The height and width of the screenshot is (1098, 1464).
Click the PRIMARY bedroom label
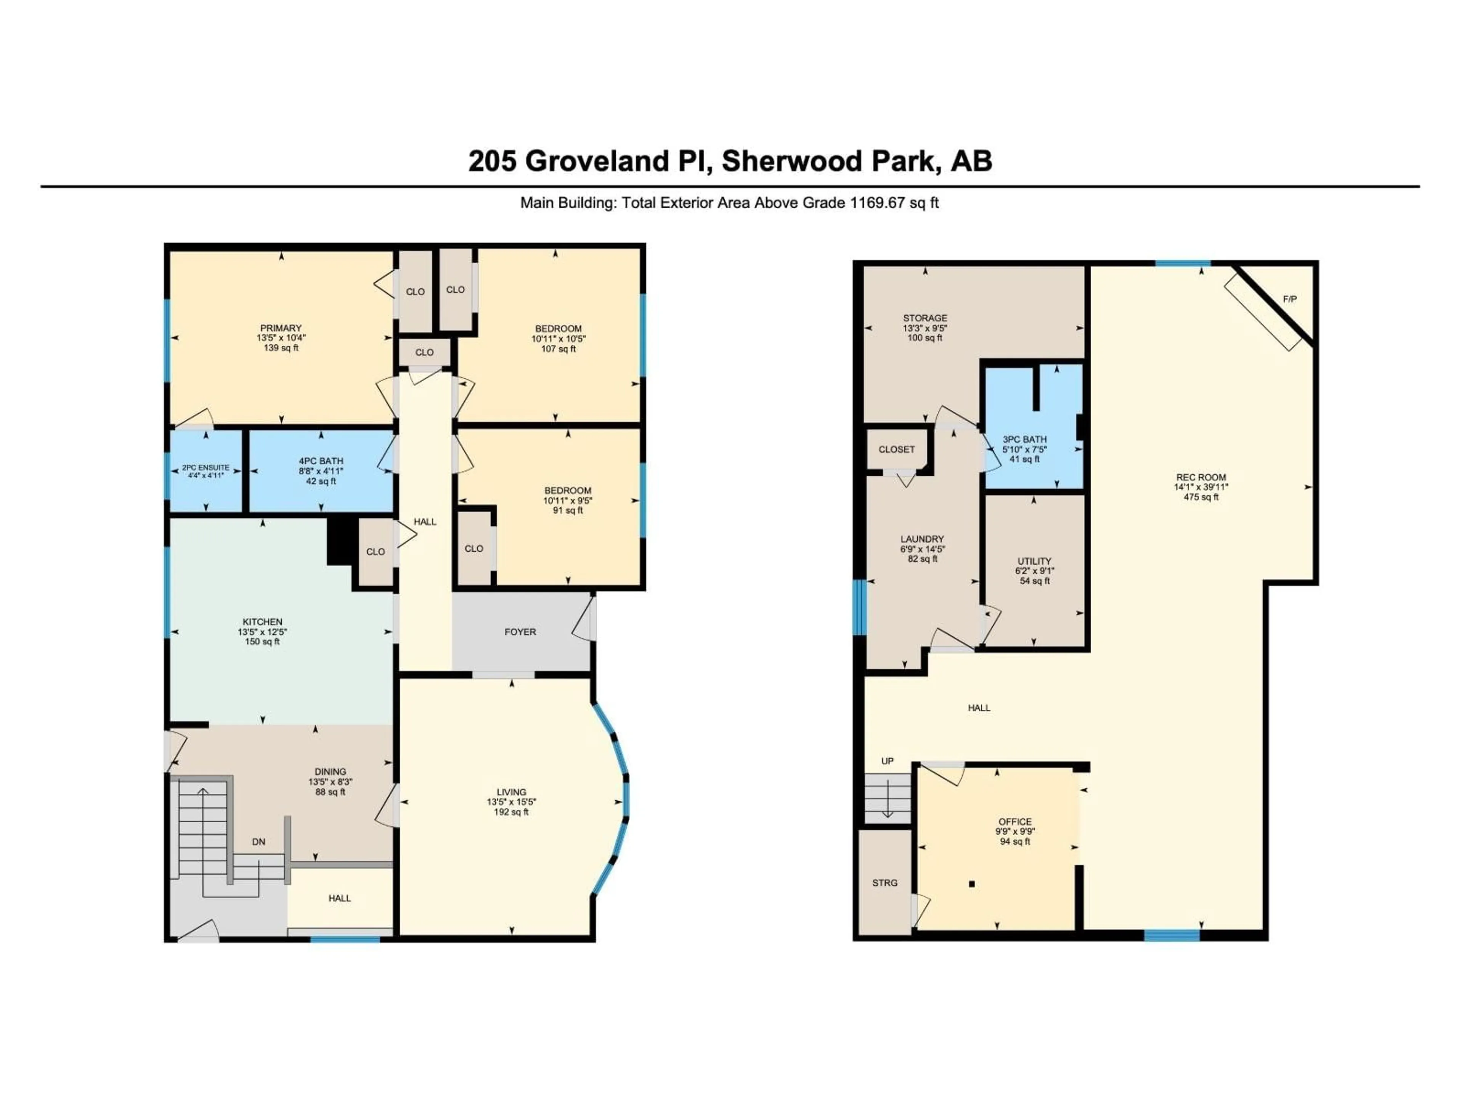281,327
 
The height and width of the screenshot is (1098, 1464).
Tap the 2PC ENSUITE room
205,470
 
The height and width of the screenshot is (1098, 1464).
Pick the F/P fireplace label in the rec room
1289,299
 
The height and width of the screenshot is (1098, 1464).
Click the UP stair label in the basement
887,761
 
